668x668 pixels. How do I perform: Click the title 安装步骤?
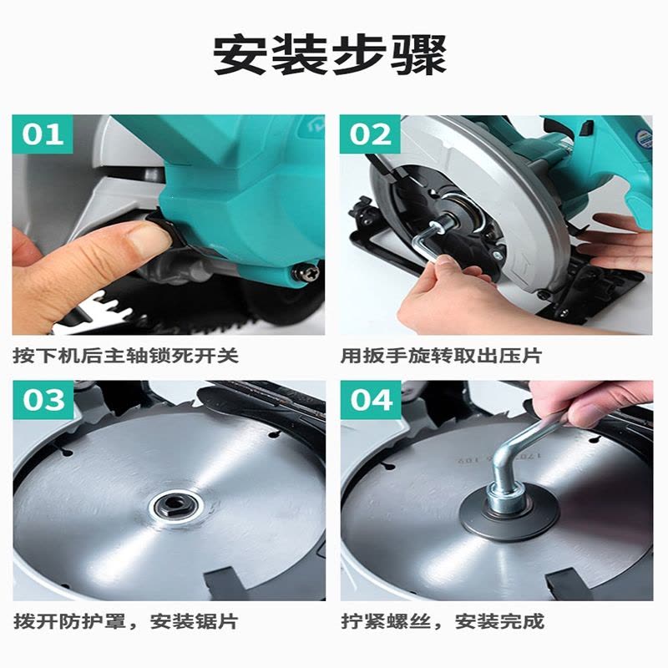[x=330, y=55]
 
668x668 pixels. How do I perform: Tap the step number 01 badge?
[x=43, y=134]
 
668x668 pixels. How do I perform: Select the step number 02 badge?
[x=370, y=134]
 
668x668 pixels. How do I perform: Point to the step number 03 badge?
[x=43, y=400]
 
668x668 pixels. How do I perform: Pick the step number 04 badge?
[x=371, y=400]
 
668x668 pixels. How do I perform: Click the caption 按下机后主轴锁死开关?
[x=126, y=356]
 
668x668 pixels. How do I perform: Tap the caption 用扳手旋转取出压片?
[x=442, y=356]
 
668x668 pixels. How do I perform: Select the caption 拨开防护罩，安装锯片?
[x=126, y=621]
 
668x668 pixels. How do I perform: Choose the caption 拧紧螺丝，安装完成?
[x=443, y=621]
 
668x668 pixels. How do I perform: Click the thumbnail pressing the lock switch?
[x=169, y=225]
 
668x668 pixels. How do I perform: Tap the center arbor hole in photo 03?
[x=176, y=506]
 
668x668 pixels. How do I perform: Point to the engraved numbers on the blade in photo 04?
[x=499, y=457]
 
